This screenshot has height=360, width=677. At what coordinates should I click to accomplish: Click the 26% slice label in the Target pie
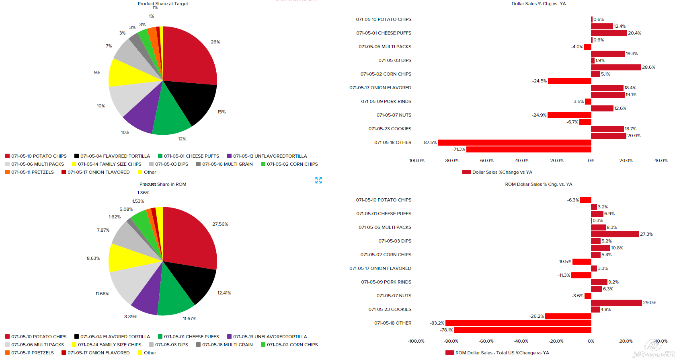click(x=215, y=42)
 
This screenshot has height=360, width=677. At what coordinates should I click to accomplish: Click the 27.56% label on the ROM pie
click(x=220, y=224)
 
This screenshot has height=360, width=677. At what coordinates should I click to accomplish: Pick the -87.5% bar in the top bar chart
click(x=514, y=142)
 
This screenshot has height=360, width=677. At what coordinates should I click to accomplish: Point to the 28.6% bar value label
click(x=648, y=67)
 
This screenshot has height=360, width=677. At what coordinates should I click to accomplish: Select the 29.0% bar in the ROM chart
click(x=616, y=302)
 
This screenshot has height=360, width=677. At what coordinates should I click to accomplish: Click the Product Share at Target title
click(x=163, y=4)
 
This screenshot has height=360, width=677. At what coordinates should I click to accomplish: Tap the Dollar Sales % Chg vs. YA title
click(x=538, y=4)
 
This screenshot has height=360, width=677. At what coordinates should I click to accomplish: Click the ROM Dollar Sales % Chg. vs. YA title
click(x=538, y=184)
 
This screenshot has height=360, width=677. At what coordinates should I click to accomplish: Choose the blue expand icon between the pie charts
click(x=318, y=180)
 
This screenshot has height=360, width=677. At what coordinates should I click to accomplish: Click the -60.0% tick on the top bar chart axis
click(x=486, y=160)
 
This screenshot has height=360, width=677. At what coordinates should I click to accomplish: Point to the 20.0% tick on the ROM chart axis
click(x=626, y=341)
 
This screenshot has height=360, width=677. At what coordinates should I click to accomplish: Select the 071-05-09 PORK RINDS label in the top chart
click(x=386, y=101)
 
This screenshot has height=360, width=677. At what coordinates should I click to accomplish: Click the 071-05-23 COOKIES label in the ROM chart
click(x=390, y=309)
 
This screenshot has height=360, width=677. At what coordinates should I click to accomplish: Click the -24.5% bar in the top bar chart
click(x=569, y=81)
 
